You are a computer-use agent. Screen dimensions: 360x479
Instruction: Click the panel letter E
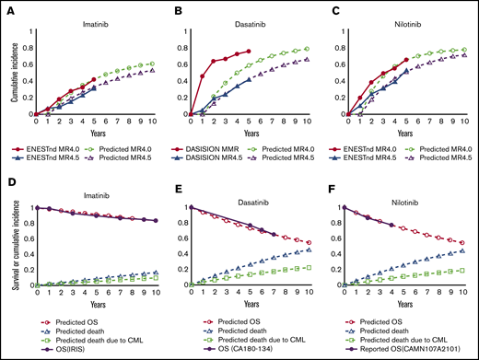point(171,184)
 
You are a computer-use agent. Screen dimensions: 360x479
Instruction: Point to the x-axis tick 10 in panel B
point(307,122)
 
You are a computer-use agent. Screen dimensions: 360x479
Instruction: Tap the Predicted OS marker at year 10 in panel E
point(307,243)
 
